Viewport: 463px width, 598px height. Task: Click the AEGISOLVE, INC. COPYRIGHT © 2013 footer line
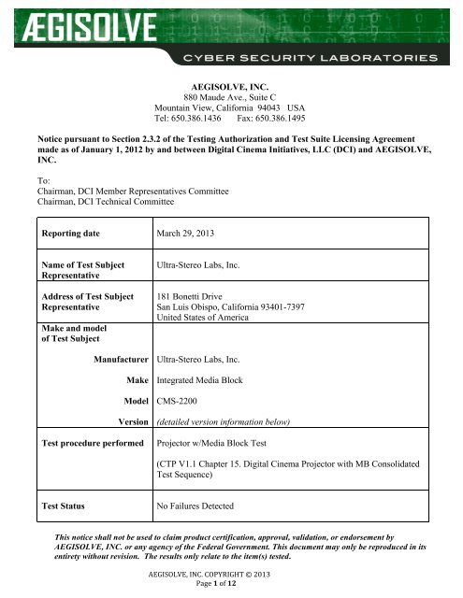click(x=231, y=578)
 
